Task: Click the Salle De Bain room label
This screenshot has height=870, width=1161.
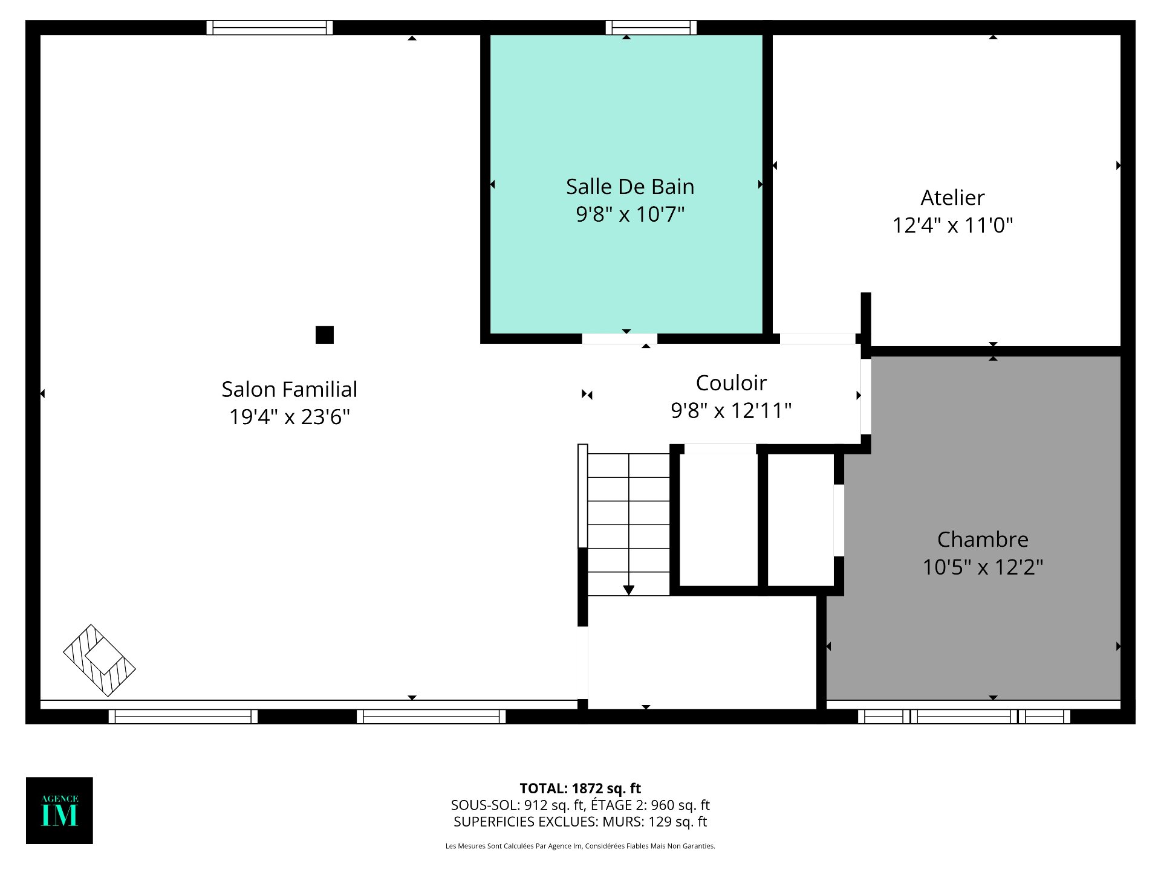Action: tap(629, 187)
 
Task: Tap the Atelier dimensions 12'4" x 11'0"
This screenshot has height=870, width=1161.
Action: tap(952, 225)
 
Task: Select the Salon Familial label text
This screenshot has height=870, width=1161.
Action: tap(289, 390)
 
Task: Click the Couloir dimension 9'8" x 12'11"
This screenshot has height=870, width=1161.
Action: tap(730, 411)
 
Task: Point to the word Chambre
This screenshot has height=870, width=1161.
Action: tap(983, 540)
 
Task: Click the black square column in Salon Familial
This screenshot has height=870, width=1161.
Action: tap(325, 335)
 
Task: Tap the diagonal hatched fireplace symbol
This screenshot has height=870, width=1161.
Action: tap(99, 660)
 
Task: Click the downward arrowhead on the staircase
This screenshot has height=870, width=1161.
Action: tap(628, 590)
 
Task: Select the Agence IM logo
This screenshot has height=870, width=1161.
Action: tap(59, 810)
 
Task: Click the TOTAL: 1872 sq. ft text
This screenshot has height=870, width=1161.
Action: tap(580, 788)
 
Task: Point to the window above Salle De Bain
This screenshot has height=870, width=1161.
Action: tap(651, 28)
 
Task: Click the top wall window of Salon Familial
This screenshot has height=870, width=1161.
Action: tap(270, 28)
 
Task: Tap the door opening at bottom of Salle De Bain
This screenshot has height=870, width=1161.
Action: tap(619, 339)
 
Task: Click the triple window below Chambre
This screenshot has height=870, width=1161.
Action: tap(964, 717)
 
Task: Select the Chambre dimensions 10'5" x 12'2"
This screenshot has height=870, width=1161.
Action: tap(983, 567)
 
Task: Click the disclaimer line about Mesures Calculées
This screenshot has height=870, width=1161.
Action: tap(580, 846)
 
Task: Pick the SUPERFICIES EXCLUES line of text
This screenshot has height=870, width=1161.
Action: tap(580, 822)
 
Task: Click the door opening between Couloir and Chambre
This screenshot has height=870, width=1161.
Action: tap(866, 396)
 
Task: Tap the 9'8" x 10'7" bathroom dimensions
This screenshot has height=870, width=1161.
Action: tap(629, 214)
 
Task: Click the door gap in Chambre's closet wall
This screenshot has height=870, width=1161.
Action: tap(839, 520)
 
